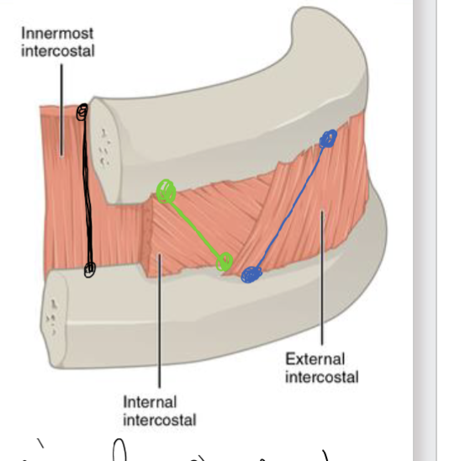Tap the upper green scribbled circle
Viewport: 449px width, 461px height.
pos(166,191)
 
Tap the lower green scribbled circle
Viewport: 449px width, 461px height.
pos(225,262)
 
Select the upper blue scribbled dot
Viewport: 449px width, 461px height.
pos(328,138)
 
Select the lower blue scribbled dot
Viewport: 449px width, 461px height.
pos(251,274)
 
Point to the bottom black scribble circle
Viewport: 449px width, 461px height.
pos(89,269)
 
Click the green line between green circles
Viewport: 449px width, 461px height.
pos(195,227)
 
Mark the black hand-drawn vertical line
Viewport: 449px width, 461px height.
pos(86,193)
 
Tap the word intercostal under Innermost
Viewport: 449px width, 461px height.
pos(58,51)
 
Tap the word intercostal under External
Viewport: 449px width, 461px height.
pos(321,376)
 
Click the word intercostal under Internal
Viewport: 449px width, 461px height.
pos(160,420)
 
